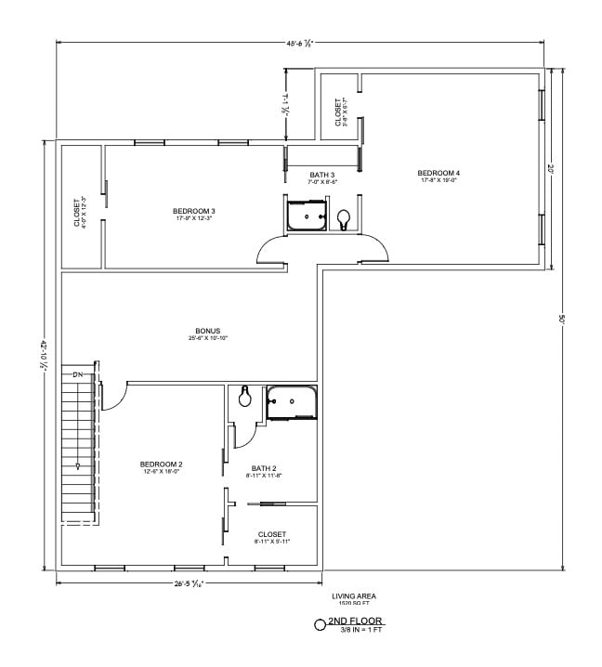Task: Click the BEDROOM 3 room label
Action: click(193, 211)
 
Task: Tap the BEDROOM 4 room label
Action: click(438, 173)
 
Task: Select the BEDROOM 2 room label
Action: click(161, 464)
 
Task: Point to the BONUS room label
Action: click(207, 331)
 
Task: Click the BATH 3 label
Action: click(321, 175)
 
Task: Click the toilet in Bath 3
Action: click(344, 219)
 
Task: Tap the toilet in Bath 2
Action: click(245, 397)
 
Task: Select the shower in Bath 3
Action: click(306, 216)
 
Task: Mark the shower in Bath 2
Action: click(292, 401)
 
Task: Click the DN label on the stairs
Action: click(78, 373)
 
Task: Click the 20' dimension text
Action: click(550, 169)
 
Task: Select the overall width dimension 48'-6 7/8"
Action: click(299, 41)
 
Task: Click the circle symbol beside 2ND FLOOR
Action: click(320, 624)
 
